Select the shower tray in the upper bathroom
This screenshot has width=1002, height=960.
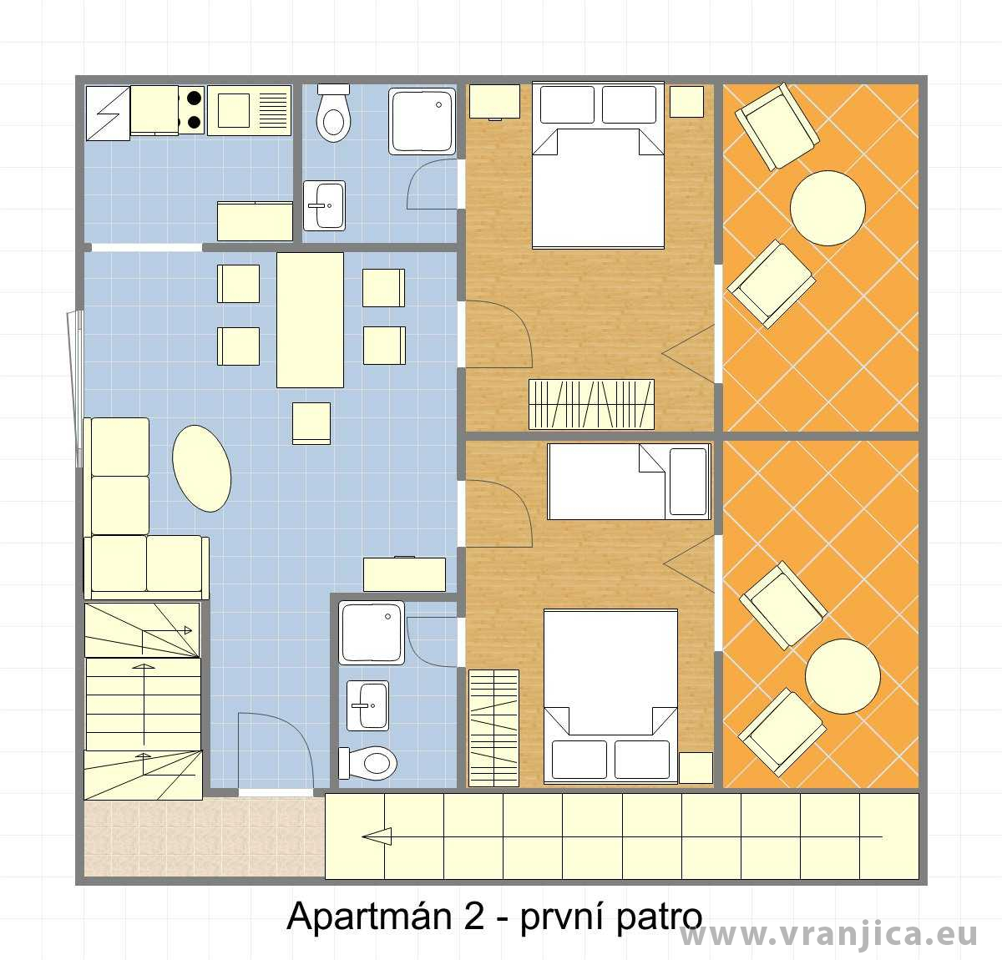tap(423, 121)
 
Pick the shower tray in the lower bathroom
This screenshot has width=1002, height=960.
tap(372, 633)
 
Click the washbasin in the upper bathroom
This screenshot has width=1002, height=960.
tap(324, 205)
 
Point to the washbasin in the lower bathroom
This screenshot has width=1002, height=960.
tap(367, 705)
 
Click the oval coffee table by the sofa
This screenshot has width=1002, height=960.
tap(201, 468)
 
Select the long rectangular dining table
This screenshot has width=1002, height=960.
tap(310, 320)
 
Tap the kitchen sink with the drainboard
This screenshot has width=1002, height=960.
tap(249, 111)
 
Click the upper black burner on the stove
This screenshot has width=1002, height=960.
tap(194, 97)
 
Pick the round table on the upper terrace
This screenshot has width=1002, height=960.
tap(827, 208)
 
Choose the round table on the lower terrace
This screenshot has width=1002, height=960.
tap(843, 676)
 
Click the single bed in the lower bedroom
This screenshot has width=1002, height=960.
tap(630, 482)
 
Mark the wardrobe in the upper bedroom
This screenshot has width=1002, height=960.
tap(592, 405)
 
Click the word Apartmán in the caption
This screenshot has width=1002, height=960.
tap(370, 917)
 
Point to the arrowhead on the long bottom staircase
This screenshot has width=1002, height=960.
tap(377, 836)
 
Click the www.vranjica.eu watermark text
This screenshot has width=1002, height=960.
tap(829, 934)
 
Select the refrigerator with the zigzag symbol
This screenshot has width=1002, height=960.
tap(108, 114)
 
